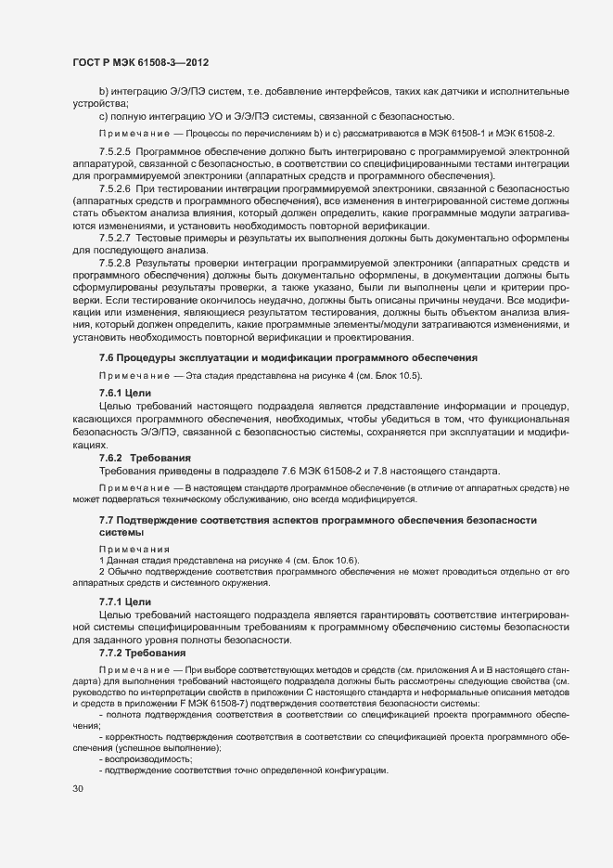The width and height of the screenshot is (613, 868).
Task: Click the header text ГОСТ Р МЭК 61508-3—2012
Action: point(140,62)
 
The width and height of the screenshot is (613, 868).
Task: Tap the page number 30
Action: point(77,789)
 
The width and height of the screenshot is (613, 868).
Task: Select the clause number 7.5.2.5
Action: point(118,151)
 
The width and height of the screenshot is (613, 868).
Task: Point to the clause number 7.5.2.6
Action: point(118,188)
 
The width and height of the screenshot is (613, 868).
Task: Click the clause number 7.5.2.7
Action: point(118,238)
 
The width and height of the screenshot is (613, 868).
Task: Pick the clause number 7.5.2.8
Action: point(118,263)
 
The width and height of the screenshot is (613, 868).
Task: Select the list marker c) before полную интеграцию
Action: point(104,116)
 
